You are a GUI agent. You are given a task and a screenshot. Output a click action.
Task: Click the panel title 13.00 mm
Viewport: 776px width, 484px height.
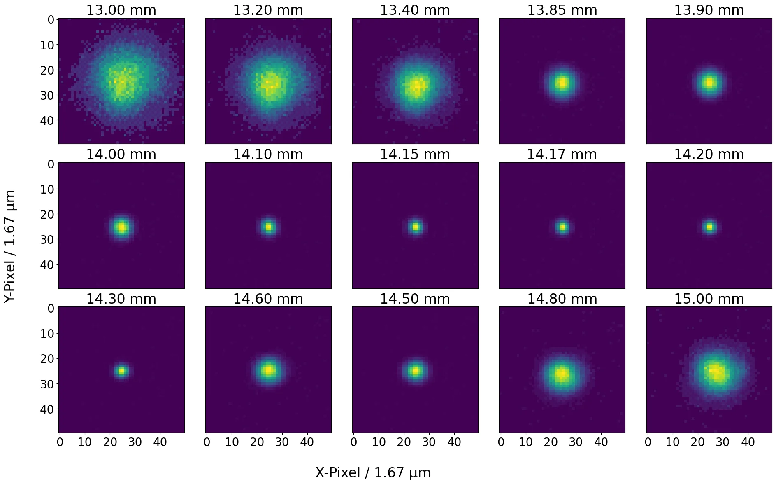[x=121, y=10]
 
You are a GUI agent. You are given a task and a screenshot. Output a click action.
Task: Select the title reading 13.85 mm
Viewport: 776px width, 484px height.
[x=562, y=10]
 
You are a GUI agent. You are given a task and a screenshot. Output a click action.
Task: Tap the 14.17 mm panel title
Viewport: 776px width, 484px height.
[x=562, y=154]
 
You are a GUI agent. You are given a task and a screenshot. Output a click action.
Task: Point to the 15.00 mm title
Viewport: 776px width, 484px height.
[x=709, y=299]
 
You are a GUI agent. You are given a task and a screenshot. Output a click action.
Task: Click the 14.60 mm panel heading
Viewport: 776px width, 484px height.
[x=268, y=299]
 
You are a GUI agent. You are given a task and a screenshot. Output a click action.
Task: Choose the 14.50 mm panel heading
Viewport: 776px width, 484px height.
[x=415, y=299]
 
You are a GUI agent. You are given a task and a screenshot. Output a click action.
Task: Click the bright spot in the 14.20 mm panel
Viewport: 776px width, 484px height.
[x=709, y=227]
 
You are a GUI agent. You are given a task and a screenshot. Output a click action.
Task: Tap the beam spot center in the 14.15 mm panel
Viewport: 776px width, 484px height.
[x=415, y=227]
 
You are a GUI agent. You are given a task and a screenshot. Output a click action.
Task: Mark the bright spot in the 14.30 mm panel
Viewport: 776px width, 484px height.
[x=121, y=371]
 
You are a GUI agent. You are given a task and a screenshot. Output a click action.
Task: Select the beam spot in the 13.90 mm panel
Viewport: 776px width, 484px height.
[x=709, y=83]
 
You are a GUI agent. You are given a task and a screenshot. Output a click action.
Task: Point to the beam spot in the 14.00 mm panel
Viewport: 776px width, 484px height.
[x=121, y=227]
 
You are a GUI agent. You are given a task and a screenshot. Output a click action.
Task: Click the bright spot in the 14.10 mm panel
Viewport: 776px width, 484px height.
[x=268, y=227]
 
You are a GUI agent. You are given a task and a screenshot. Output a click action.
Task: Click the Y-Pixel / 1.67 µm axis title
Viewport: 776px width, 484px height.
[x=10, y=246]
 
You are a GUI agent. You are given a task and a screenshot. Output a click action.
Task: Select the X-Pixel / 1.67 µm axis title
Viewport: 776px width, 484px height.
[x=373, y=472]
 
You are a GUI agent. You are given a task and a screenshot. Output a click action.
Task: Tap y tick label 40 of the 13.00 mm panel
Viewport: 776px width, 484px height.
[x=47, y=120]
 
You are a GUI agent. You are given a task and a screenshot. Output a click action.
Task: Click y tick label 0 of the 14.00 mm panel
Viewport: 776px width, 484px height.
[x=51, y=164]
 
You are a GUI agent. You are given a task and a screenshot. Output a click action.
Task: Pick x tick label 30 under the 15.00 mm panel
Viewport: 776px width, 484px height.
[x=723, y=442]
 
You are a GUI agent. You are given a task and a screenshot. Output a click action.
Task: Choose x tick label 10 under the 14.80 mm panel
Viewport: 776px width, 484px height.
[x=526, y=442]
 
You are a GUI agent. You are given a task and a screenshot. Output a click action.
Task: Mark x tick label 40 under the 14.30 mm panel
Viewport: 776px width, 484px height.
[x=160, y=442]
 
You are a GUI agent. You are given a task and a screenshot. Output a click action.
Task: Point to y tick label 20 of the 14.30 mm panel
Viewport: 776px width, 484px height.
[x=47, y=358]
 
